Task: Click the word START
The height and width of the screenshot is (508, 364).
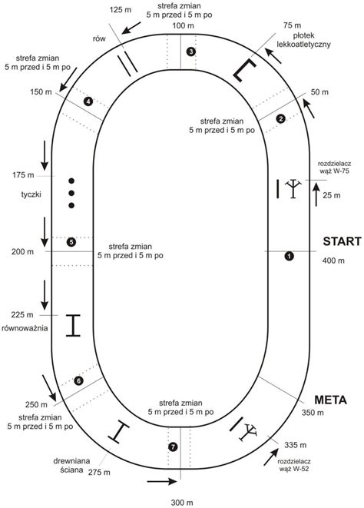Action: (342, 241)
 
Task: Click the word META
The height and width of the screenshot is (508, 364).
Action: (331, 400)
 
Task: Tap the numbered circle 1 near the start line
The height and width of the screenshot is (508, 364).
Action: (289, 256)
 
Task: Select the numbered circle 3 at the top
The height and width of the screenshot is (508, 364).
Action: (191, 51)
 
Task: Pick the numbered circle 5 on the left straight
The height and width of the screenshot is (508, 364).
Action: (71, 242)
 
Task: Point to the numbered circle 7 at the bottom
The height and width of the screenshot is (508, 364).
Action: (173, 447)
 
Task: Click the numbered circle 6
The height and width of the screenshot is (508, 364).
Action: (78, 380)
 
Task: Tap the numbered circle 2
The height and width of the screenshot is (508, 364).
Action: (281, 119)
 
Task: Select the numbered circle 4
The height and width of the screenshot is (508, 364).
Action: (88, 101)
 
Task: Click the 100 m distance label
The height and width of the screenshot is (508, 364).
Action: (183, 25)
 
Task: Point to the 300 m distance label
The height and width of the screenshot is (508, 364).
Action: (182, 503)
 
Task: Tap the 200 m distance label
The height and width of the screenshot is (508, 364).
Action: (23, 252)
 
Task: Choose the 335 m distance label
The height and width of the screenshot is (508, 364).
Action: (296, 445)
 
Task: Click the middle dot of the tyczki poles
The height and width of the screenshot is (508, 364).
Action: (71, 193)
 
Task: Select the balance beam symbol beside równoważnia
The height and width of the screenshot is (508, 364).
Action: (73, 325)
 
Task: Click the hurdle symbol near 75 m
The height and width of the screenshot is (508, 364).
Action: (244, 70)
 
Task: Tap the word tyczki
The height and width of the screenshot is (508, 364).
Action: (31, 194)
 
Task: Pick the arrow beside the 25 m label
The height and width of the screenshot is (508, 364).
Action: (316, 194)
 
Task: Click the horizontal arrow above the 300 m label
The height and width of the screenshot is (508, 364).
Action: (162, 481)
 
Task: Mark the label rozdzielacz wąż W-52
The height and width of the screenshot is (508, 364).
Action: (294, 465)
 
